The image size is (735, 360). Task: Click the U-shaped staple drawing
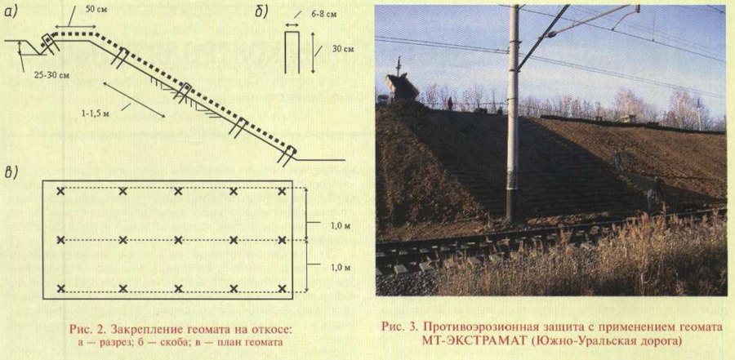[x=292, y=52]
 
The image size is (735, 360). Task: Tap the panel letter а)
[x=11, y=13]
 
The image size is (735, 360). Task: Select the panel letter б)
[x=261, y=13]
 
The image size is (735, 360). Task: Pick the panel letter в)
[x=11, y=171]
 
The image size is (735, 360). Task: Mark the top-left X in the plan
[x=60, y=191]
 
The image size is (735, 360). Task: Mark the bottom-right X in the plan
[x=282, y=288]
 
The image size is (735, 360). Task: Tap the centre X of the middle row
[x=178, y=240]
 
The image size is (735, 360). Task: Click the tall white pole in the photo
[x=514, y=113]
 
